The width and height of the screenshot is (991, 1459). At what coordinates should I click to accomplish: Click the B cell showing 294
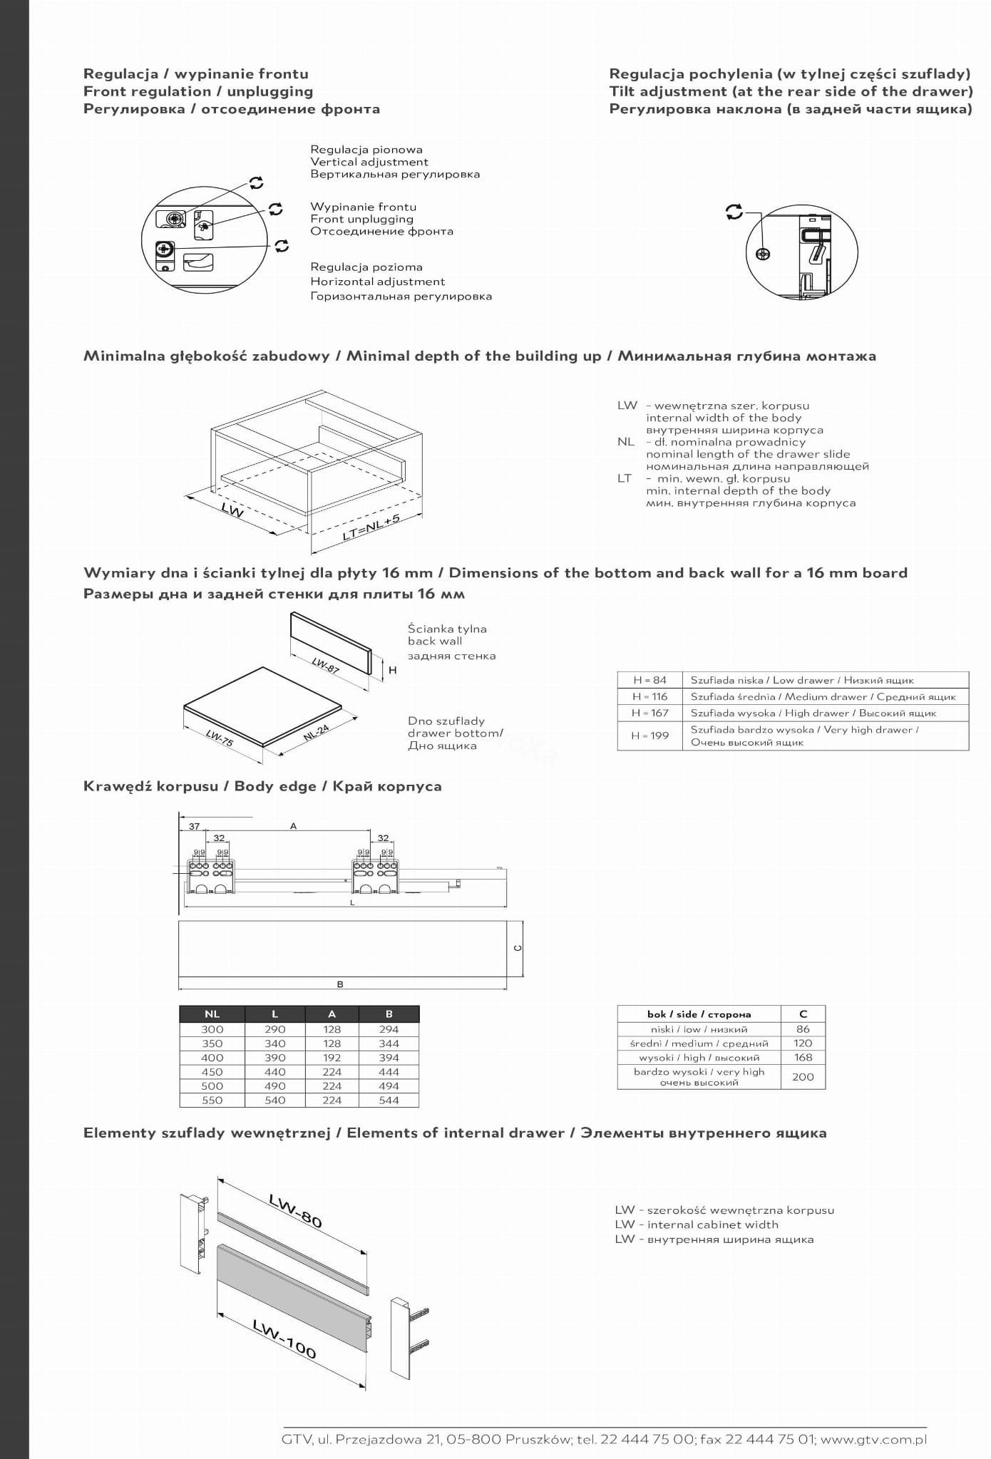click(389, 1029)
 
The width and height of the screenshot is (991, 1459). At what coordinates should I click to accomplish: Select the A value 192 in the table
click(332, 1058)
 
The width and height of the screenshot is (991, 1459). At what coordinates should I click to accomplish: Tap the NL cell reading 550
click(212, 1100)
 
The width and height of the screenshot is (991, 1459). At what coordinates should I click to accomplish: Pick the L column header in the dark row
click(274, 1014)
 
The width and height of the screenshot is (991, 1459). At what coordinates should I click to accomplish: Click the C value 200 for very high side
click(803, 1077)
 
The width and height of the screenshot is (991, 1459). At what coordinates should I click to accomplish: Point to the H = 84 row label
click(649, 680)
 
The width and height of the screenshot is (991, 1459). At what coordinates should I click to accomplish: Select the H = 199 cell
click(649, 736)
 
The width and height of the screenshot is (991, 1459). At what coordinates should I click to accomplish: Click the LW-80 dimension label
click(296, 1210)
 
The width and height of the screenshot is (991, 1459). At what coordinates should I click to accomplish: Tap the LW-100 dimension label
click(284, 1339)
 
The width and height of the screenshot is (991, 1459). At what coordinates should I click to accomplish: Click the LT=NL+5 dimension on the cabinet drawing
click(371, 527)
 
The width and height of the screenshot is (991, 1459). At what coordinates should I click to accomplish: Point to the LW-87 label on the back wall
click(325, 665)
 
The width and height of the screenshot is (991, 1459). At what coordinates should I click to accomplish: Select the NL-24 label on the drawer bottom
click(316, 732)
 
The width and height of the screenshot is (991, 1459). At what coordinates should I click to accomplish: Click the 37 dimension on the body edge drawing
click(194, 827)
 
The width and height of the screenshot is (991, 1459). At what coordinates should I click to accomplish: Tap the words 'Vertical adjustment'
click(369, 162)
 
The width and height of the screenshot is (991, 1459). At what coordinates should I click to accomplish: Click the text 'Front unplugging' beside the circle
click(361, 219)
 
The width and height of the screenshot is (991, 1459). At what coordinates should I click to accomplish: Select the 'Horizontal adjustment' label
click(377, 282)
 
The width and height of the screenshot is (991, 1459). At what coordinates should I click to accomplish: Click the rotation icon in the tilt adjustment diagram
click(734, 212)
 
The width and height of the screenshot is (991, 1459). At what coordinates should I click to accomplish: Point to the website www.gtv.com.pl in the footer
click(874, 1439)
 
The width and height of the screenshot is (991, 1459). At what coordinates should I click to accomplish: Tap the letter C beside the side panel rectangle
click(518, 948)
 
